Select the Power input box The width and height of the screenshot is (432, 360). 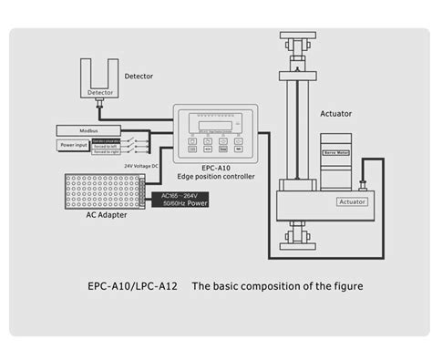tap(74, 144)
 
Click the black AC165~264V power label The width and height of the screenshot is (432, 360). tap(183, 200)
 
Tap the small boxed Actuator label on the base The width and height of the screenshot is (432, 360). tap(352, 201)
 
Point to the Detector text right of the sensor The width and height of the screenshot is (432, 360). tap(138, 77)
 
